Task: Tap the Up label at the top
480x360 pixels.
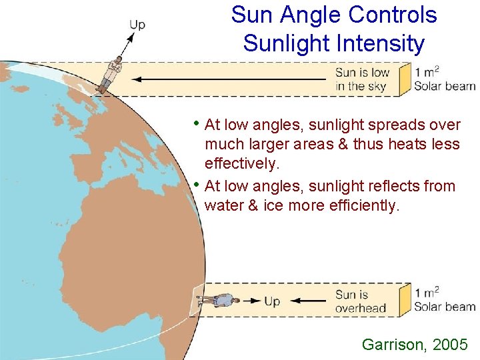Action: point(137,25)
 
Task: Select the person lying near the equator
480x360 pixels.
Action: point(219,301)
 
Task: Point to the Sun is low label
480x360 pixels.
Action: point(362,79)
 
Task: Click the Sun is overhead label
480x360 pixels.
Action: point(360,301)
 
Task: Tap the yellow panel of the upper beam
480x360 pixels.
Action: point(404,79)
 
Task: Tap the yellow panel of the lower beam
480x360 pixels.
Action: point(404,299)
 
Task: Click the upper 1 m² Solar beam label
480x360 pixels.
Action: point(444,79)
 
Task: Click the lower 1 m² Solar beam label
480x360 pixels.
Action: point(444,300)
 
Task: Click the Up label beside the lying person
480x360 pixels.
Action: point(271,301)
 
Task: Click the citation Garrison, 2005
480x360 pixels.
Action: point(415,344)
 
